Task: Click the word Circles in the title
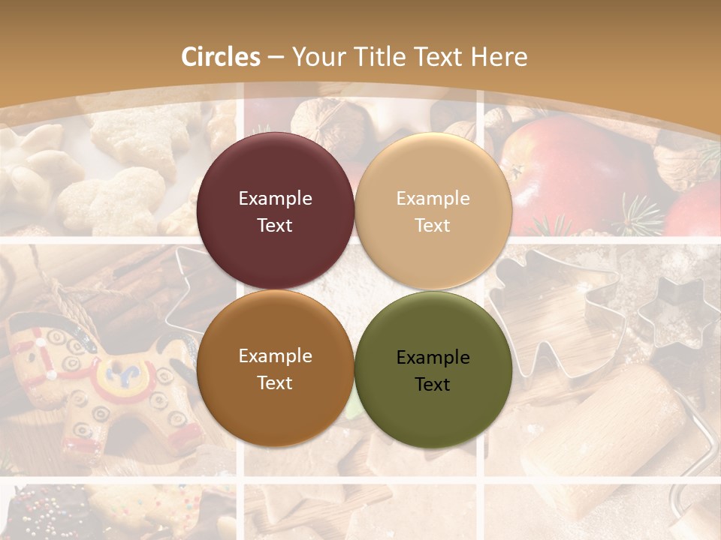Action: click(220, 57)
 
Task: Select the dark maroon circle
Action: click(275, 211)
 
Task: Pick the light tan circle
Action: click(433, 211)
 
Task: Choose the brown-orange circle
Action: click(275, 368)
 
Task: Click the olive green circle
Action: click(433, 370)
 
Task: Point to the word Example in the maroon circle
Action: click(275, 199)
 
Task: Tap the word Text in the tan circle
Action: click(433, 225)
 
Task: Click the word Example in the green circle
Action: click(433, 358)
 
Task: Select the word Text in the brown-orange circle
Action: click(275, 382)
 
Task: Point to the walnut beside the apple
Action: click(680, 161)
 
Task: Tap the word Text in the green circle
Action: click(433, 384)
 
